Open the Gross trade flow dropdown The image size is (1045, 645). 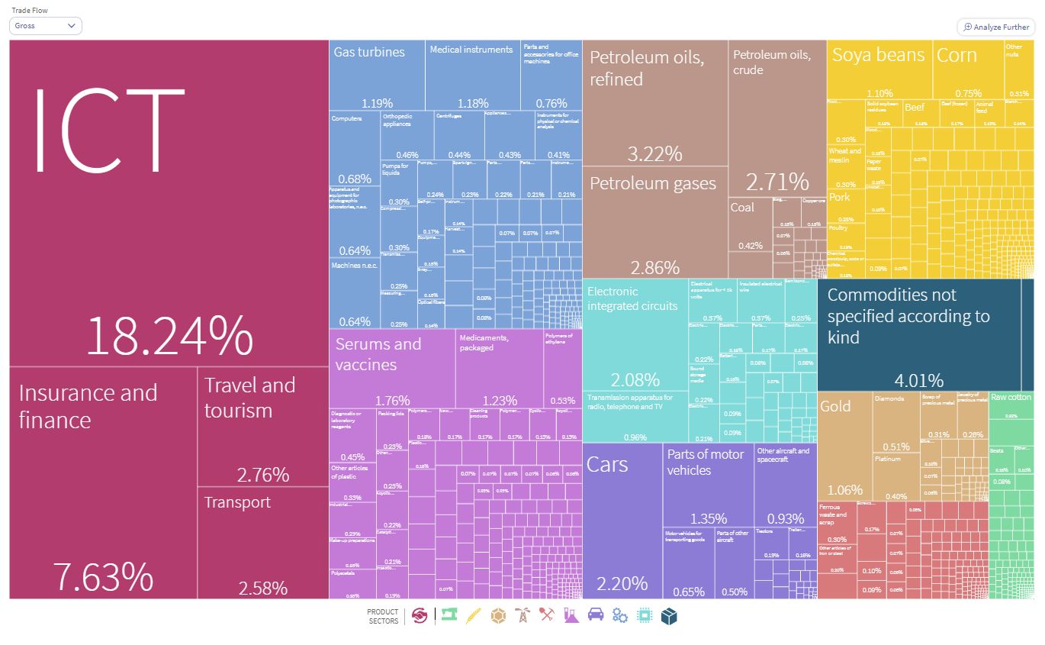(46, 26)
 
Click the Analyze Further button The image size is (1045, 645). (995, 27)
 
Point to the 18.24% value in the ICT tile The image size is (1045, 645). (169, 336)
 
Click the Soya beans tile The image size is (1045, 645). (879, 69)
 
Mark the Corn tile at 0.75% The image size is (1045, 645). (967, 69)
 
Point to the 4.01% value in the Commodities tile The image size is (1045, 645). (918, 380)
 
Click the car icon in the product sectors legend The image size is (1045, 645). (596, 616)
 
